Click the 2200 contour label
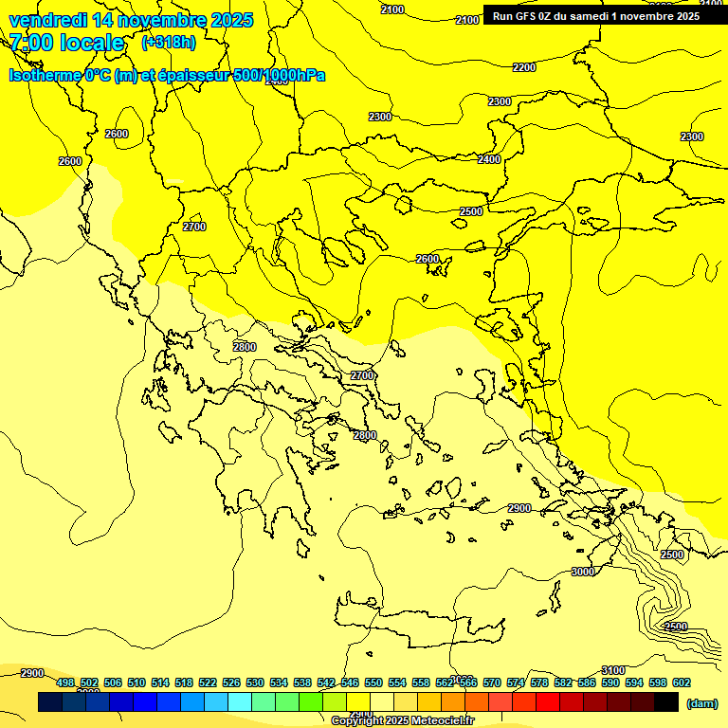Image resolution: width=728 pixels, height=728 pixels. (x=523, y=67)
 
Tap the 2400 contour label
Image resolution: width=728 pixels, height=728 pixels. (x=489, y=159)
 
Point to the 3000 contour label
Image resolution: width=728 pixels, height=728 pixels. (x=583, y=572)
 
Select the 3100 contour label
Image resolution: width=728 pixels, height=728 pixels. (x=613, y=671)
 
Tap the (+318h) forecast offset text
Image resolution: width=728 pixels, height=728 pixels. (x=169, y=43)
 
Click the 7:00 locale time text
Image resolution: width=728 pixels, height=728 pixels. (x=66, y=43)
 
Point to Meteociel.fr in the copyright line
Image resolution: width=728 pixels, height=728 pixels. (x=436, y=721)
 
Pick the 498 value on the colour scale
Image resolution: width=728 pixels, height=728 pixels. (x=65, y=682)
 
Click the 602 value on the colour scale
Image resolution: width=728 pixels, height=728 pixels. (x=681, y=682)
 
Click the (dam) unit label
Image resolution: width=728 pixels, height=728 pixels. (x=701, y=703)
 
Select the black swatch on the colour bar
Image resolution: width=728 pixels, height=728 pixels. (x=666, y=702)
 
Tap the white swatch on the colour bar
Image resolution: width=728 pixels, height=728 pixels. (x=382, y=702)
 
